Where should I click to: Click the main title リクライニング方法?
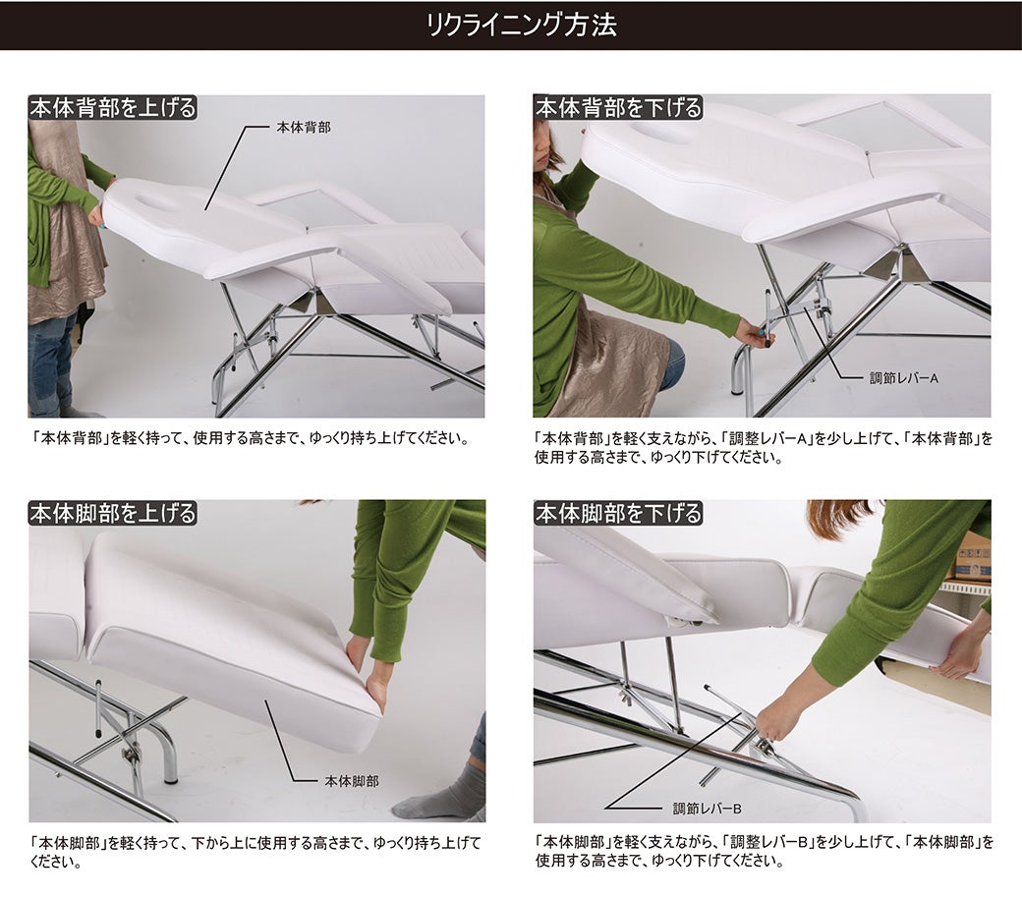point(522,26)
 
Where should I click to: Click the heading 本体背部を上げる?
point(113,107)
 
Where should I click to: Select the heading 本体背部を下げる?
point(618,107)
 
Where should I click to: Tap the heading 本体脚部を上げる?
point(113,513)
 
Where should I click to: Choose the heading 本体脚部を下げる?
point(618,513)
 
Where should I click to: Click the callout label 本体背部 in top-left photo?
point(304,127)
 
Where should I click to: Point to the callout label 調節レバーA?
point(904,378)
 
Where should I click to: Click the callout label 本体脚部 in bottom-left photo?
point(352,780)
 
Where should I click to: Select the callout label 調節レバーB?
point(708,809)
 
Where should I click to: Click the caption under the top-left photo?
point(251,438)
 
